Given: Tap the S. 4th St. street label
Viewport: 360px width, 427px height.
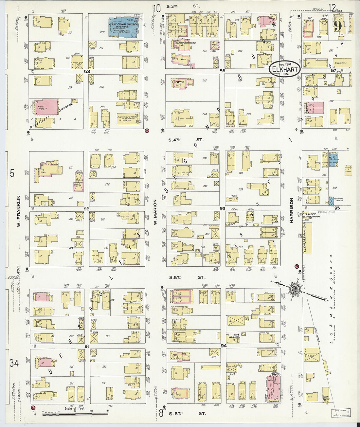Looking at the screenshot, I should (186, 140).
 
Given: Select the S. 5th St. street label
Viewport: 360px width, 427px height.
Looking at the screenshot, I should (186, 277).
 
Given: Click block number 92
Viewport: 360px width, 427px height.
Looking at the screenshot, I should (86, 208).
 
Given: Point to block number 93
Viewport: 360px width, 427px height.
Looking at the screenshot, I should (222, 208).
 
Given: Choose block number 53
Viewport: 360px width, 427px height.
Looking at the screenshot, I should (86, 71).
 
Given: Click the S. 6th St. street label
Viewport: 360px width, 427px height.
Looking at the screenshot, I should (186, 413).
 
